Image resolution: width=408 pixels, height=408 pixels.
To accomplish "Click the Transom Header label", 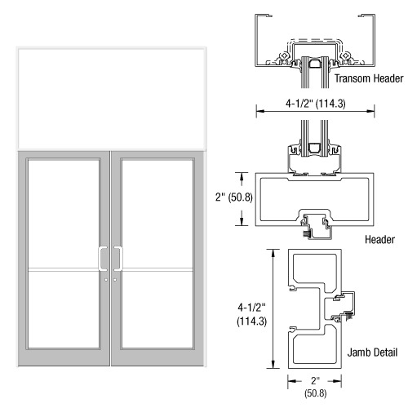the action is click(x=369, y=78).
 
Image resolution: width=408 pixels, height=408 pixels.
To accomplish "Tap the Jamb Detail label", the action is click(x=372, y=353).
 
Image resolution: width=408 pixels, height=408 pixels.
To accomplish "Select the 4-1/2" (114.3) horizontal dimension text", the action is click(x=316, y=104).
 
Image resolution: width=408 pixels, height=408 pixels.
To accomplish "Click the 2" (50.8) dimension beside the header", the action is click(x=234, y=197).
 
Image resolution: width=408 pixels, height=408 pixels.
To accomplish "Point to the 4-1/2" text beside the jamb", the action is click(x=251, y=308).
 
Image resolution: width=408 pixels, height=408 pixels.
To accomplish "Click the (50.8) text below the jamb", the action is click(x=316, y=393).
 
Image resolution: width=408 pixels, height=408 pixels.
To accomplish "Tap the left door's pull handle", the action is click(x=103, y=259).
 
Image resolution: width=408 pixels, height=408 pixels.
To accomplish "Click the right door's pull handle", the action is click(x=118, y=259).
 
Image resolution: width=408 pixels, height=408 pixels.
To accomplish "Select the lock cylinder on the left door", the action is click(x=106, y=280).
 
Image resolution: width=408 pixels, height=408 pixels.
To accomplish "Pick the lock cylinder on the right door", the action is click(x=115, y=280).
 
